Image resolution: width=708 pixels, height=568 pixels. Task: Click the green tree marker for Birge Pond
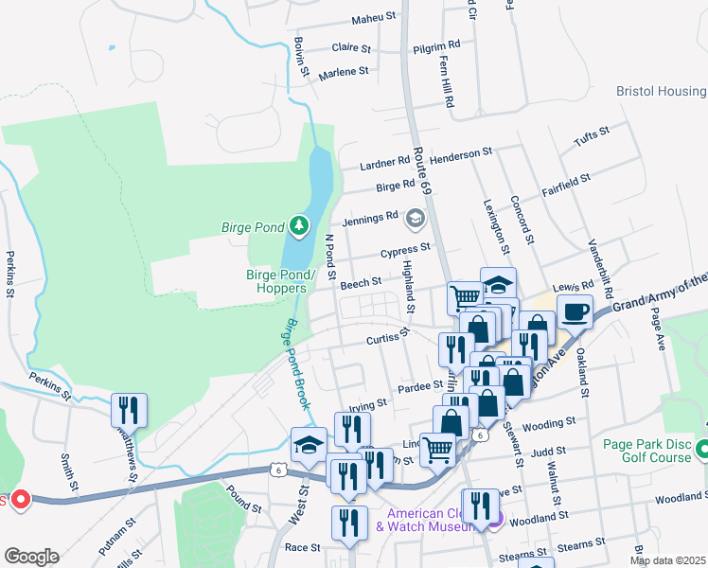coord(300,225)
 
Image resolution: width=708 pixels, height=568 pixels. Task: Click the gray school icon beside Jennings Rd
coord(414,220)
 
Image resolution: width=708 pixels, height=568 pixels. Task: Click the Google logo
coord(31,557)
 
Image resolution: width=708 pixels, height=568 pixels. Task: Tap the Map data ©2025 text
coord(666,560)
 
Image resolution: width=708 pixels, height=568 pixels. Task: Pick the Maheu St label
coord(346,18)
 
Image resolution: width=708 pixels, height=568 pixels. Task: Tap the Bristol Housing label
coord(661,91)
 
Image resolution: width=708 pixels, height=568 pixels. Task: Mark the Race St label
coord(303,547)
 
